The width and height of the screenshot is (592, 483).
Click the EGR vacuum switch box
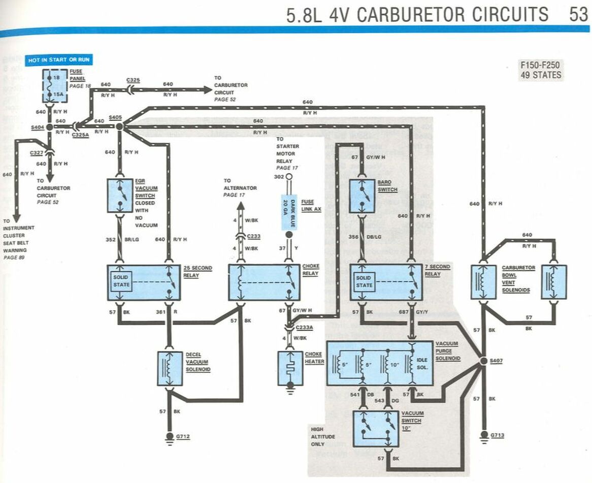point(120,195)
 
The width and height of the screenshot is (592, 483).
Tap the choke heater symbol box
point(290,367)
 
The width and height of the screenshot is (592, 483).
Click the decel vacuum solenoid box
point(170,368)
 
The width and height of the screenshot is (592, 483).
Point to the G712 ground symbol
point(170,436)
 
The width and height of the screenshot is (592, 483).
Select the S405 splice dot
point(119,125)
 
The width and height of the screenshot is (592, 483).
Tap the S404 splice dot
point(49,127)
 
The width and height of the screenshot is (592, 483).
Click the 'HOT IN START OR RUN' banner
point(59,60)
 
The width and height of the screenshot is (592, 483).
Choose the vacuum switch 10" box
point(376,428)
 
